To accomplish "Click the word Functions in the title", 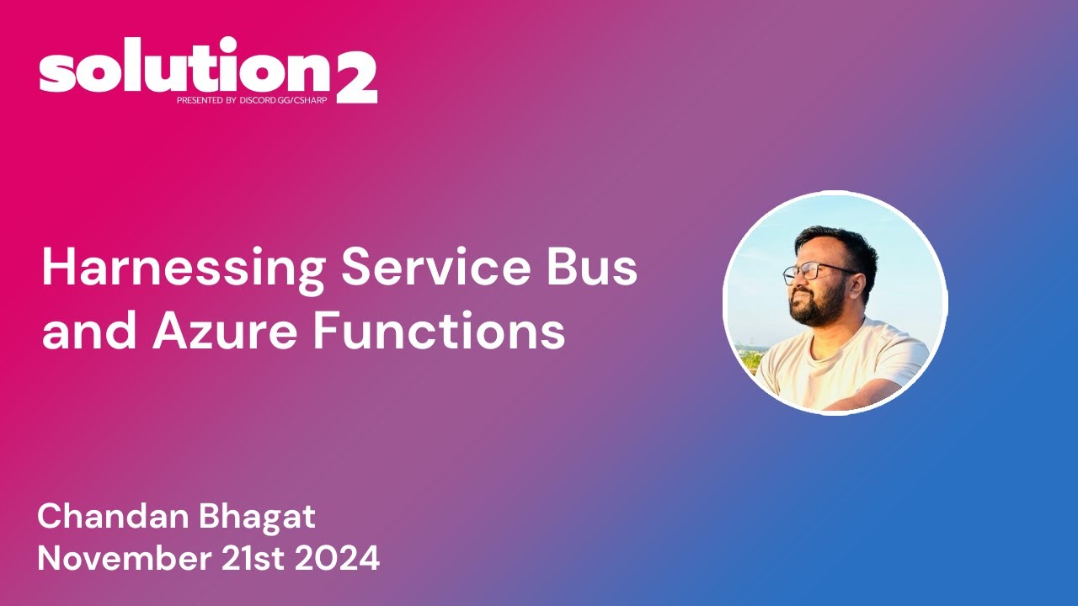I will (x=439, y=332).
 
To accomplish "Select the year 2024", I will (x=351, y=559).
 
